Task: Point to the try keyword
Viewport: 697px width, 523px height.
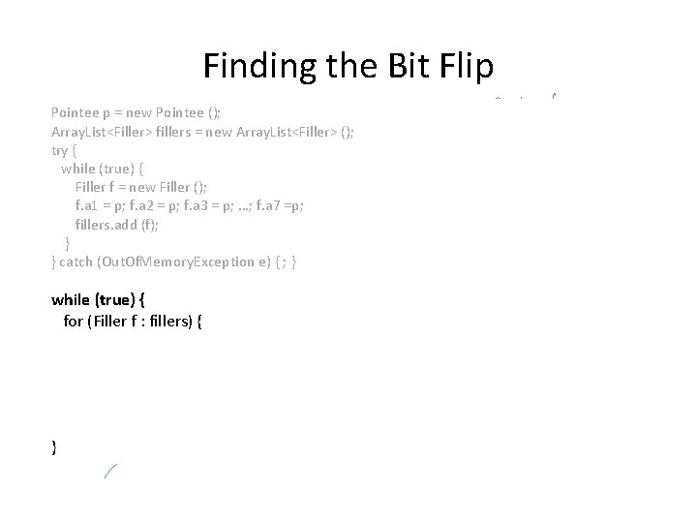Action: click(x=60, y=151)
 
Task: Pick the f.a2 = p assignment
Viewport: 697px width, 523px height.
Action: click(x=155, y=206)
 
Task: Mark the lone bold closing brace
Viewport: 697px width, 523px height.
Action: click(x=54, y=446)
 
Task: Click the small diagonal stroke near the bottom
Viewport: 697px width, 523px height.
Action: click(x=110, y=472)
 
